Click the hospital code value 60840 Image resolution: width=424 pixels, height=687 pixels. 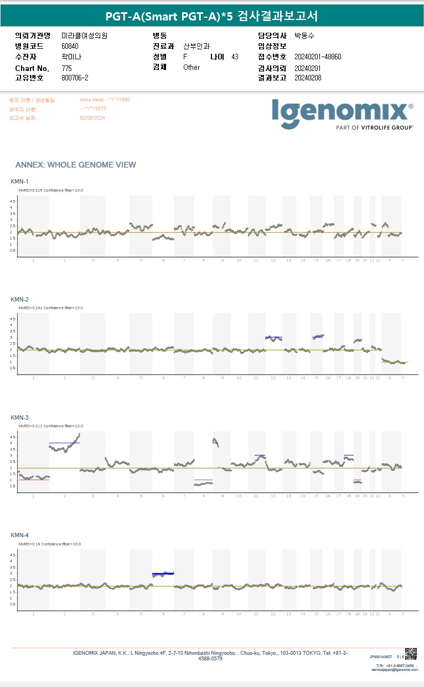point(70,46)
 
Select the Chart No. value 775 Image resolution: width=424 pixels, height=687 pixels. point(66,68)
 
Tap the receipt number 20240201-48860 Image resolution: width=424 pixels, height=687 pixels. point(318,57)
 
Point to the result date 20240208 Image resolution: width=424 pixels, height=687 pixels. point(308,78)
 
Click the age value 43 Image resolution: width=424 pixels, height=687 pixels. point(235,57)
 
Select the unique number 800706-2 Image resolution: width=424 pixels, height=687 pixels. point(75,78)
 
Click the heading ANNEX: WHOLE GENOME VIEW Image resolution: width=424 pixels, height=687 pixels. point(75,165)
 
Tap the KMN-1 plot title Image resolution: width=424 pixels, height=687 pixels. point(19,181)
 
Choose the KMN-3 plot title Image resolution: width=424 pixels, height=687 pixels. point(19,417)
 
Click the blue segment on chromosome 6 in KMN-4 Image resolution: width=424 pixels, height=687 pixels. point(163,573)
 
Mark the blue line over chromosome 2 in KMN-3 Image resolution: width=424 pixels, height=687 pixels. point(64,443)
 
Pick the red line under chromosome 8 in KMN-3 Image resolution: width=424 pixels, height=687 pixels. point(203,480)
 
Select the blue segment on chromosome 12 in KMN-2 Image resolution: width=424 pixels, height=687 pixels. point(273,337)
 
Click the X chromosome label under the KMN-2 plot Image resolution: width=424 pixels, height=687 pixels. point(389,378)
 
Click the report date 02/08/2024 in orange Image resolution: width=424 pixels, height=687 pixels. point(92,118)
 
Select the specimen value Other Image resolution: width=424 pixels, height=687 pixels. point(192,68)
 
